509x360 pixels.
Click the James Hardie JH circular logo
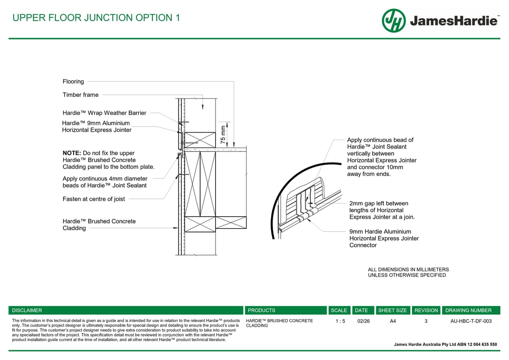point(394,21)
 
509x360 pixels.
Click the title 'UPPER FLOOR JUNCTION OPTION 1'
point(96,18)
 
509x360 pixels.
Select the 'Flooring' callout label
point(73,82)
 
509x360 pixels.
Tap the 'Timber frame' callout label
point(81,95)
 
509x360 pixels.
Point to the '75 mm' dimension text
point(223,135)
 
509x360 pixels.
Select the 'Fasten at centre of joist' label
point(94,199)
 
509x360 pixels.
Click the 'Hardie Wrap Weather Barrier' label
point(105,113)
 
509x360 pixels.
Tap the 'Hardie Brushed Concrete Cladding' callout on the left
point(99,225)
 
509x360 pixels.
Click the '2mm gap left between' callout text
point(379,203)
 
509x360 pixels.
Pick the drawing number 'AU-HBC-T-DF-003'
point(471,321)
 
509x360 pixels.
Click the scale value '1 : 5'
point(340,321)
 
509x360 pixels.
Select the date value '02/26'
point(363,321)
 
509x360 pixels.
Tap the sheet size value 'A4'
point(393,321)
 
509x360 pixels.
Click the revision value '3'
point(426,321)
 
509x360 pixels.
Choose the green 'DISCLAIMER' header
point(27,310)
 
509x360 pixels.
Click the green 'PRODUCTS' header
point(262,310)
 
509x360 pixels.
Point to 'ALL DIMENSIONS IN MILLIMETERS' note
point(408,270)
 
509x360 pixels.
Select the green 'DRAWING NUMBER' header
point(468,310)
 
